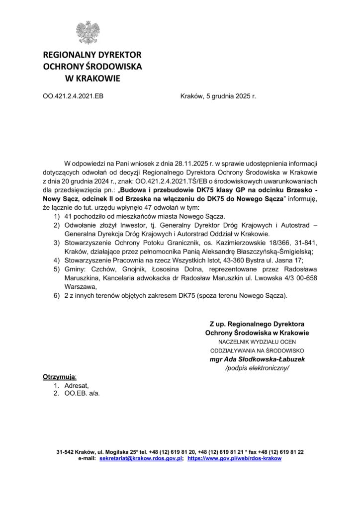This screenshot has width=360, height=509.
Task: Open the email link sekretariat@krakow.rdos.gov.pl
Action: point(141,458)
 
